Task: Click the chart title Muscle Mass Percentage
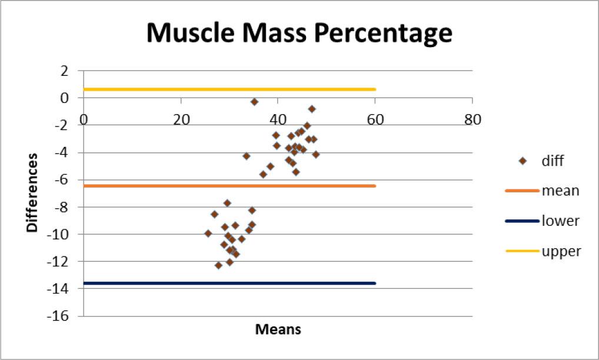[299, 34]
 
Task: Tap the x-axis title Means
[278, 329]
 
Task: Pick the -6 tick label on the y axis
[61, 180]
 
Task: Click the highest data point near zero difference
[254, 102]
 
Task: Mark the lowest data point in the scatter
[218, 265]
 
